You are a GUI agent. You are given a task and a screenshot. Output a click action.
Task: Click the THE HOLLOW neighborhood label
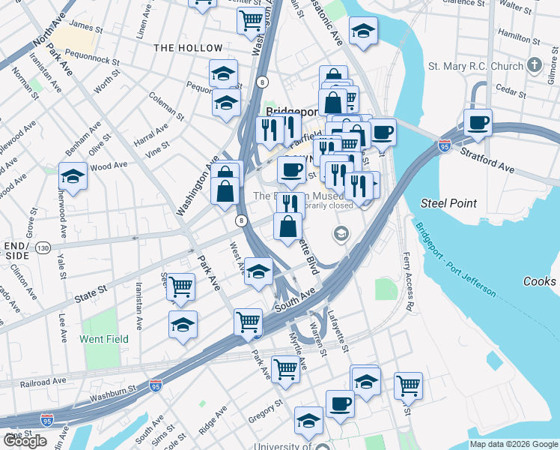click(188, 48)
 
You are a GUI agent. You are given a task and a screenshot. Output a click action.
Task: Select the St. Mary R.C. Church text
click(475, 66)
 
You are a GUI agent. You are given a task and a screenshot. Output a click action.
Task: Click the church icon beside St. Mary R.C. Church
click(534, 66)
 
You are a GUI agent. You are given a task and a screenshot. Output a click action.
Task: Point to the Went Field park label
click(102, 338)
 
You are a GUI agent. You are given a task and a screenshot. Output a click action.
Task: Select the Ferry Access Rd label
click(409, 281)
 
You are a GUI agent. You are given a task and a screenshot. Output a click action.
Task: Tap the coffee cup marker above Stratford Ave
click(477, 123)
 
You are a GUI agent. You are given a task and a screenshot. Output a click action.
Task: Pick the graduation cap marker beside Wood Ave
click(73, 176)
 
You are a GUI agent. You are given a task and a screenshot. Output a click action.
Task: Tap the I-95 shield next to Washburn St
click(156, 386)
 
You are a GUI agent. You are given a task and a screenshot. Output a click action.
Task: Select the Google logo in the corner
click(24, 441)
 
